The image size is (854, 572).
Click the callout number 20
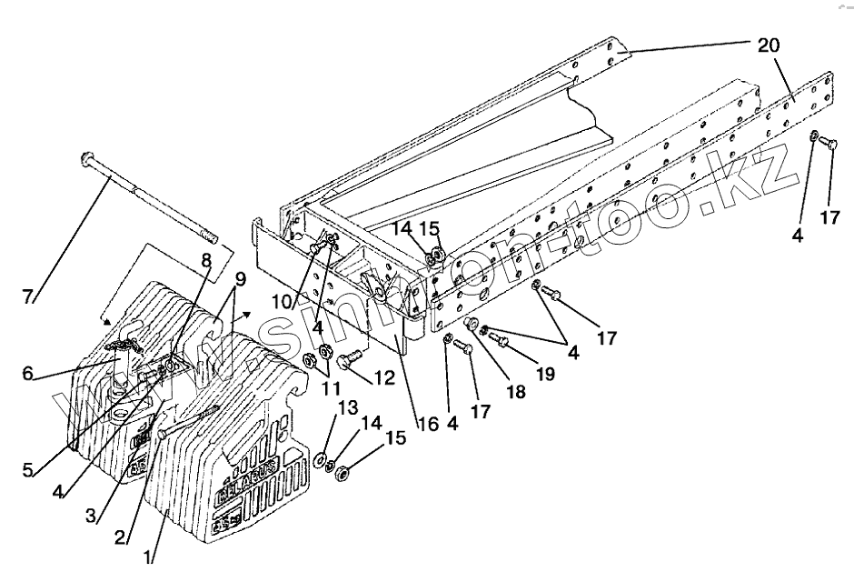[768, 45]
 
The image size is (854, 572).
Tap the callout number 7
[28, 296]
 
